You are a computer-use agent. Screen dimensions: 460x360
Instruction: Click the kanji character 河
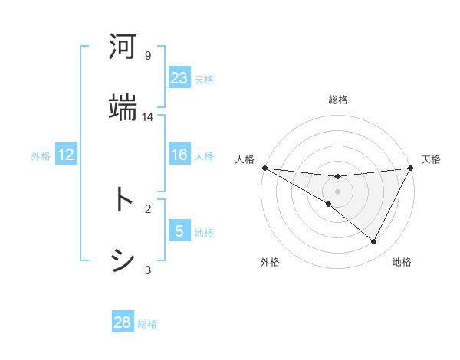point(123,47)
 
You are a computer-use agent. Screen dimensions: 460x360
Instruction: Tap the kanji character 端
point(123,108)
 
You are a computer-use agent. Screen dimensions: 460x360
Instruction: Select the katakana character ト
point(123,200)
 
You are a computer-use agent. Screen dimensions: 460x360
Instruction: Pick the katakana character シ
point(123,260)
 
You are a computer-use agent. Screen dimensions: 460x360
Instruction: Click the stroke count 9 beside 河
point(148,56)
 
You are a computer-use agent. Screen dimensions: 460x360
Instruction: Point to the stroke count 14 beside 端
point(148,116)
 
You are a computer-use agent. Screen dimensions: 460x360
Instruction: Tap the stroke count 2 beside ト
point(148,208)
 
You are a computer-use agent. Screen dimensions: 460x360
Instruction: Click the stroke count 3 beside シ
point(148,269)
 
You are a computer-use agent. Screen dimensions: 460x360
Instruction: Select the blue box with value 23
point(179,78)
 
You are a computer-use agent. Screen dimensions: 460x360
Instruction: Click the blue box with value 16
point(179,155)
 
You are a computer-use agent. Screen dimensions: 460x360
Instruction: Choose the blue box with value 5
point(179,231)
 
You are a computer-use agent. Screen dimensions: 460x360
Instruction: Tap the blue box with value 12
point(66,155)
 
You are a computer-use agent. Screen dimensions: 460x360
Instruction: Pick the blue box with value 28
point(123,322)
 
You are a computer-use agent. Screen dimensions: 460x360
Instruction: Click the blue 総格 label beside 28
point(147,324)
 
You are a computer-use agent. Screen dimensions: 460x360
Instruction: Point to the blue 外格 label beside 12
point(41,156)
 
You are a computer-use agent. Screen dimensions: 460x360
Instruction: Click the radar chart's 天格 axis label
point(432,159)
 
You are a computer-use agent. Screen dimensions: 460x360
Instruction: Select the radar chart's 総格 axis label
point(338,100)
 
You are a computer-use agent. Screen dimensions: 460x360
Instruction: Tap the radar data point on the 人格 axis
point(264,168)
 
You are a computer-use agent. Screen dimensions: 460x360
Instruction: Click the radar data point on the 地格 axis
point(374,242)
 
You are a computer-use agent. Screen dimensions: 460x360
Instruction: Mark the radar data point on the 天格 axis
point(411,168)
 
